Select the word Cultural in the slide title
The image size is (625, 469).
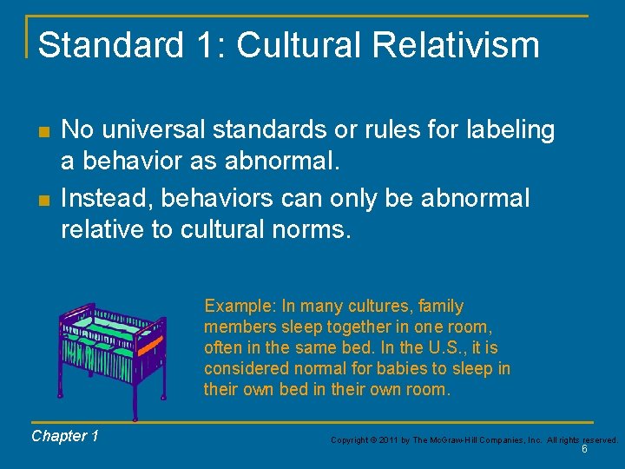(291, 45)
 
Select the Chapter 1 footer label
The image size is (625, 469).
(64, 436)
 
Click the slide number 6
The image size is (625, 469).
(584, 450)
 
